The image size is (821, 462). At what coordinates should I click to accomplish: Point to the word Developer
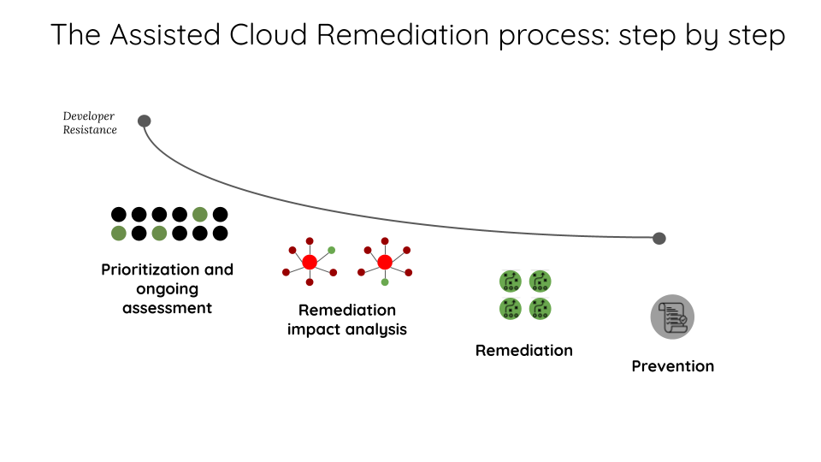(x=88, y=116)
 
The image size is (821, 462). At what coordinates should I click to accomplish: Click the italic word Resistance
(x=90, y=130)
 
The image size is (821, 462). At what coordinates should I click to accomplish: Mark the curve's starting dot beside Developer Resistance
(x=145, y=121)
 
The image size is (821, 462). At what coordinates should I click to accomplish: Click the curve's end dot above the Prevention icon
(x=659, y=238)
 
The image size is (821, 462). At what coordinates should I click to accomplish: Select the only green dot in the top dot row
(x=200, y=214)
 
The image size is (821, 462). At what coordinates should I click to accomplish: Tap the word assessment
(x=167, y=307)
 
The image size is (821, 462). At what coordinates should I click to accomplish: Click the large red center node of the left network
(x=310, y=262)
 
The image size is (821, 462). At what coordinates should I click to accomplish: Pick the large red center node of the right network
(x=385, y=262)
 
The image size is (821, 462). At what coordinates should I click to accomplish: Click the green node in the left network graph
(x=332, y=250)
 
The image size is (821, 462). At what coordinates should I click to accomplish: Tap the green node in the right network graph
(x=385, y=281)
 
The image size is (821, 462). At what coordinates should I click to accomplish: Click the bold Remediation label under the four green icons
(x=524, y=350)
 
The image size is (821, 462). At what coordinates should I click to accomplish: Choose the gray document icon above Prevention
(x=672, y=317)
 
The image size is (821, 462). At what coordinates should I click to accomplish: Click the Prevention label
(x=672, y=366)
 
